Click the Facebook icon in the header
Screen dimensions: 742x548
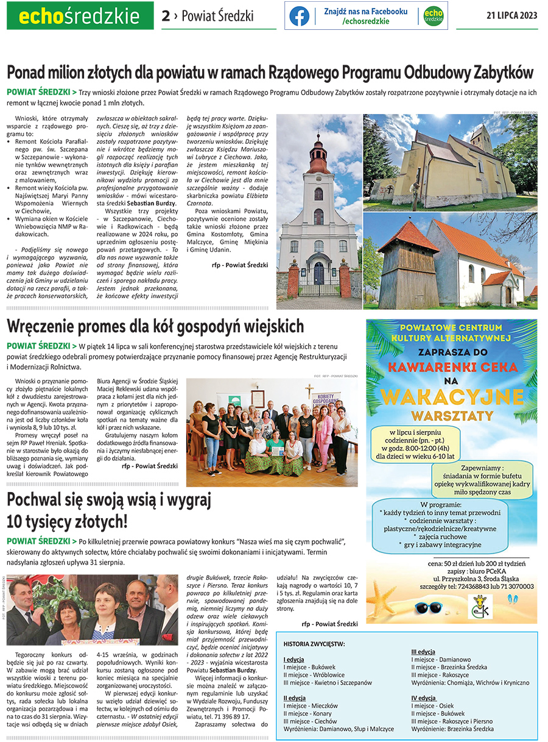(x=299, y=16)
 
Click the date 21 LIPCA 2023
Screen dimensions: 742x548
(x=512, y=16)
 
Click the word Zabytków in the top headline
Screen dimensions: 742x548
(x=497, y=73)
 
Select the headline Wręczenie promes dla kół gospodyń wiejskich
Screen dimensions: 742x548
(x=155, y=326)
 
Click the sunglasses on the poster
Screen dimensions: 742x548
(x=430, y=608)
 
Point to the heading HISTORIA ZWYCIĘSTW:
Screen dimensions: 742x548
(x=314, y=644)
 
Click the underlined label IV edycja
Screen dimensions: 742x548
(x=423, y=698)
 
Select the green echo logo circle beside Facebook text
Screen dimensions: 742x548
(x=433, y=16)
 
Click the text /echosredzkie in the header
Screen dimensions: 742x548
(x=365, y=21)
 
